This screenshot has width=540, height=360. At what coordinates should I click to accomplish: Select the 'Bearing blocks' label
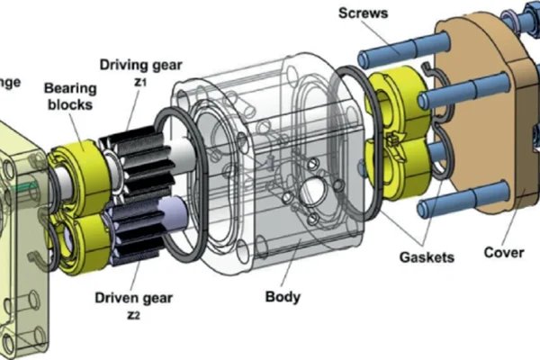(x=70, y=98)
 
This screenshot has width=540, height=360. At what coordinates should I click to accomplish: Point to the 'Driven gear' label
(x=134, y=295)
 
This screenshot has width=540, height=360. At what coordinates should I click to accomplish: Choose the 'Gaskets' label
(x=426, y=257)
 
